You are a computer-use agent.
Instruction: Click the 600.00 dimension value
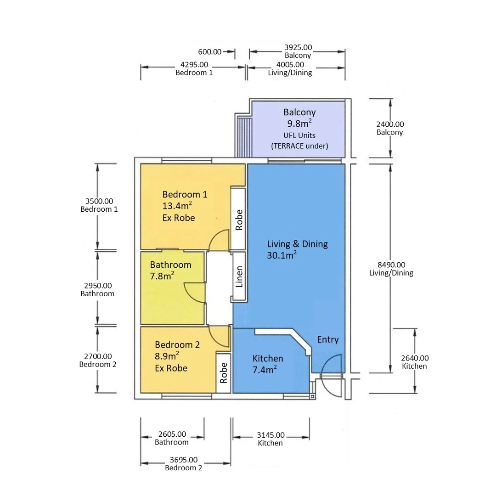[x=210, y=52]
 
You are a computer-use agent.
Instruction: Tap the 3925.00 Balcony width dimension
[x=298, y=51]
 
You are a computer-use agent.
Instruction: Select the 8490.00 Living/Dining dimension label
[x=391, y=269]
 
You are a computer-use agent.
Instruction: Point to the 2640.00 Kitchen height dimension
[x=415, y=362]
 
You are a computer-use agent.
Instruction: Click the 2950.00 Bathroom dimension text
[x=98, y=289]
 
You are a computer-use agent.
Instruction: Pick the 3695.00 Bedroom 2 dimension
[x=183, y=464]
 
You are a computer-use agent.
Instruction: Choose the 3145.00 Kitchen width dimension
[x=271, y=439]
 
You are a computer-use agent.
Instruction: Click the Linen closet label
[x=239, y=276]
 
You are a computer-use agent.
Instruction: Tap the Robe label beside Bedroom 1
[x=239, y=220]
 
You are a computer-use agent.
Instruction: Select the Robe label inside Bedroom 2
[x=224, y=373]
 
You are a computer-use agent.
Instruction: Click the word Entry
[x=328, y=339]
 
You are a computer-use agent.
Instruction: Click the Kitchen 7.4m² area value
[x=265, y=369]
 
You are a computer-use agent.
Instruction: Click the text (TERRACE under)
[x=299, y=146]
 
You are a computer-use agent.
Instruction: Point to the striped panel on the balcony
[x=244, y=137]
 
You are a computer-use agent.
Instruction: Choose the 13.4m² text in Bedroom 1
[x=177, y=206]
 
